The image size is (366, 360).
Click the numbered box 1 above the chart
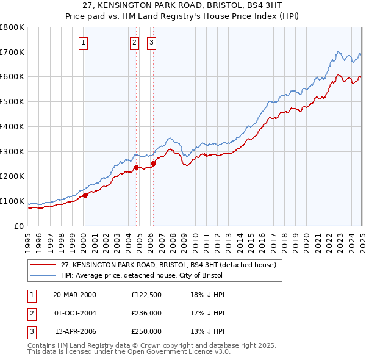(83, 42)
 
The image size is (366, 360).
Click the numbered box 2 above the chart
(134, 42)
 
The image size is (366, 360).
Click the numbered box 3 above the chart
(151, 42)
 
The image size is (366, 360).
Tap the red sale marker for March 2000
(85, 195)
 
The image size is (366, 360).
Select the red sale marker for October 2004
(136, 167)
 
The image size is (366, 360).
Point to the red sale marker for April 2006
(153, 164)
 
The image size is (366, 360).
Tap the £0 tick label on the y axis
(18, 226)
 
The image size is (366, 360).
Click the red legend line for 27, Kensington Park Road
(43, 265)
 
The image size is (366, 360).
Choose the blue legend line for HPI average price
(43, 275)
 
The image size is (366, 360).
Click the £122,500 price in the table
(146, 294)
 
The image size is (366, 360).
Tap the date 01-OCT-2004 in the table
(75, 313)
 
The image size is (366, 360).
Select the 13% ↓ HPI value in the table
(208, 332)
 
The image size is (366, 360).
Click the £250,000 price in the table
(146, 332)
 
